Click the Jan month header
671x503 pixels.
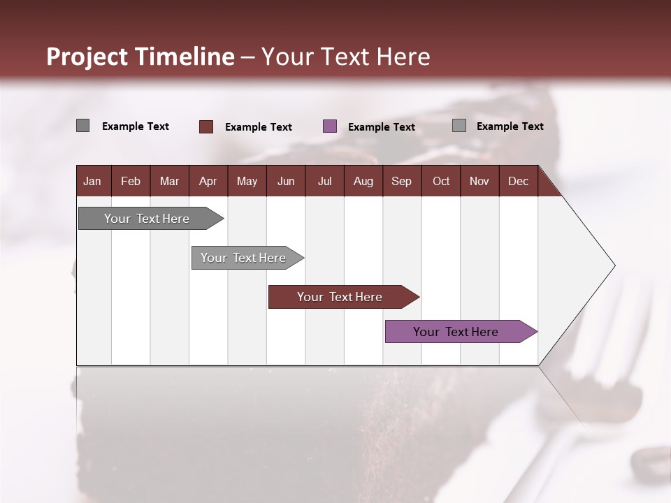tap(92, 182)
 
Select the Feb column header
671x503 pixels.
tap(131, 182)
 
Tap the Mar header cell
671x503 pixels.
tap(169, 182)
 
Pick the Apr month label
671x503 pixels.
tap(208, 182)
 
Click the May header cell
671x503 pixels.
tap(247, 182)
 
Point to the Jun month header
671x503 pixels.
tap(286, 182)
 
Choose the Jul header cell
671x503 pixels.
tap(324, 182)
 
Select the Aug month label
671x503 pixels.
tap(363, 182)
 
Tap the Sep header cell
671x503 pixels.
tap(401, 182)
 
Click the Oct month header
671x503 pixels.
tap(441, 182)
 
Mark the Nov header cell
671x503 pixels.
tap(479, 182)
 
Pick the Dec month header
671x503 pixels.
tap(518, 182)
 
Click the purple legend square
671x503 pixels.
tap(330, 126)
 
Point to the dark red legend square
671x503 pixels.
tap(206, 126)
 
